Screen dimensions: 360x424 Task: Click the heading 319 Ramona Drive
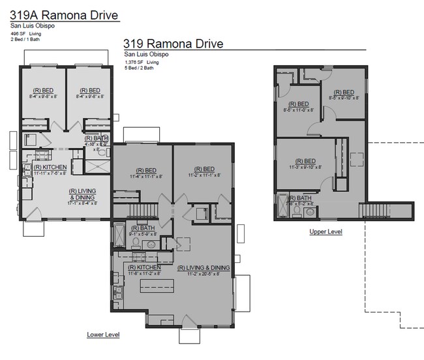pos(173,44)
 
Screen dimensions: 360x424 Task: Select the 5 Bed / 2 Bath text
pos(139,68)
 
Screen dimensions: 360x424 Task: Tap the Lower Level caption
pos(103,335)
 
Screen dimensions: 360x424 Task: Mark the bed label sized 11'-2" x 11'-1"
pos(204,172)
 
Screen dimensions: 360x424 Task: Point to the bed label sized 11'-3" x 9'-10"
pos(307,163)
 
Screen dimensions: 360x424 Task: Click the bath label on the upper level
pos(299,200)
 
